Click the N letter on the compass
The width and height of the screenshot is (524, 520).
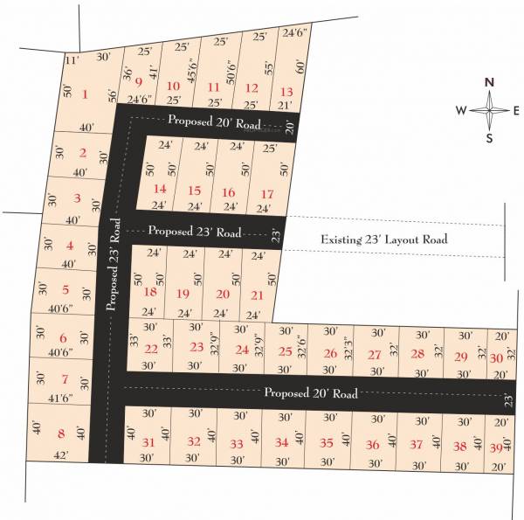coord(490,82)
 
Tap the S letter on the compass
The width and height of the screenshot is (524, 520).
coord(490,137)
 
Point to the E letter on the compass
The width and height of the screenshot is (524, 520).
coord(516,110)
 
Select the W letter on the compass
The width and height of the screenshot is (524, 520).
coord(460,110)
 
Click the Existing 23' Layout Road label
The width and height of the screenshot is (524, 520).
coord(383,239)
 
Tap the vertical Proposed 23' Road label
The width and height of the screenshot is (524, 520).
coord(113,265)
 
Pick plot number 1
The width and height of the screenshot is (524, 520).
coord(85,94)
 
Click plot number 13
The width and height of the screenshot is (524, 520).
coord(286,91)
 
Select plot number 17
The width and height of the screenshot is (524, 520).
coord(267,193)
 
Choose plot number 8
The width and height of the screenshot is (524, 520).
coord(61,433)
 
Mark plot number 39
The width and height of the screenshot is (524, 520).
coord(497,447)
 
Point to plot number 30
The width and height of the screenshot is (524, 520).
coord(496,358)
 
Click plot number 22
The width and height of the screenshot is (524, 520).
coord(151,349)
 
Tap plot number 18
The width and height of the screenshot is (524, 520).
coord(151,292)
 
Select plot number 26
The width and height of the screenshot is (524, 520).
coord(330,354)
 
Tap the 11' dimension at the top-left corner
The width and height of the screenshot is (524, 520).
coord(72,61)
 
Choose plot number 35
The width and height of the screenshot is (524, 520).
coord(327,443)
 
